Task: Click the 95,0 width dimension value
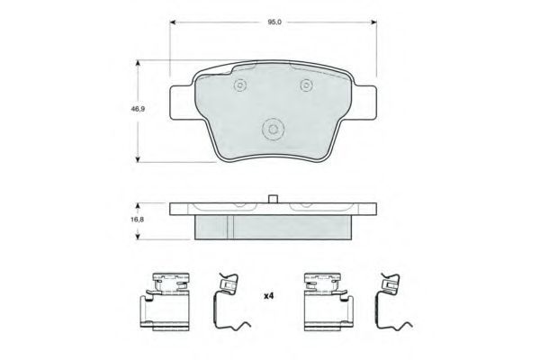[x=274, y=22]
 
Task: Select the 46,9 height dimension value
[x=138, y=109]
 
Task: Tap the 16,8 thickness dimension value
[x=137, y=219]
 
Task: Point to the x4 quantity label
[x=268, y=296]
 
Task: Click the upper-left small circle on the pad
[x=239, y=85]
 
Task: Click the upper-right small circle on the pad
[x=306, y=85]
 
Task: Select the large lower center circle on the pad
[x=273, y=130]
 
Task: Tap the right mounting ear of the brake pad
[x=364, y=103]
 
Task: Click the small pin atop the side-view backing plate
[x=273, y=199]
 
